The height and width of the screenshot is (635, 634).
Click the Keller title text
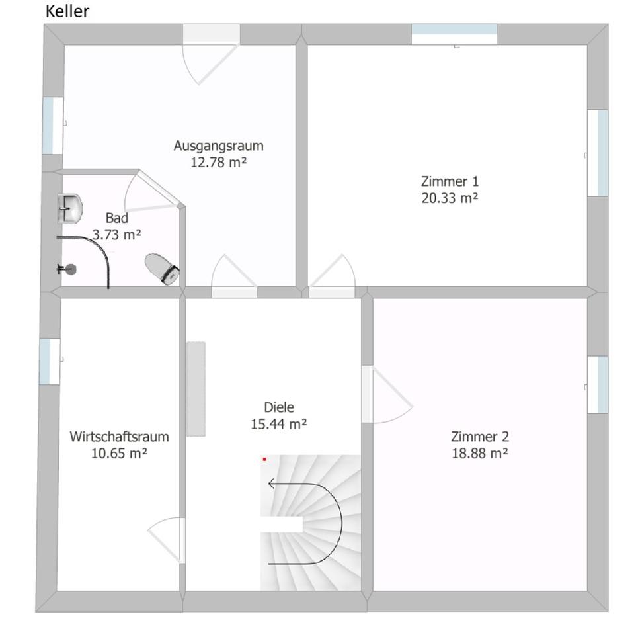(x=67, y=11)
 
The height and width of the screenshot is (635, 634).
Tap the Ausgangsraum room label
(x=219, y=146)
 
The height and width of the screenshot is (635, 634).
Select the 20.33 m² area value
(x=450, y=198)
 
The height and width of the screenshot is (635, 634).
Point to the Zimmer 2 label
(x=480, y=437)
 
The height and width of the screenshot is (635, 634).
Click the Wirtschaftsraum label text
(x=119, y=437)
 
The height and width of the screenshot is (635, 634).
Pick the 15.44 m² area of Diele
(x=278, y=424)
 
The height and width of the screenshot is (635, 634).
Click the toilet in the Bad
(x=163, y=269)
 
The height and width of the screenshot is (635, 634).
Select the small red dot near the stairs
(x=264, y=460)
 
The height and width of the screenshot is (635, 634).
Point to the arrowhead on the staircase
(x=271, y=483)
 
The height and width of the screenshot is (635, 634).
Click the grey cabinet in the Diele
(x=196, y=389)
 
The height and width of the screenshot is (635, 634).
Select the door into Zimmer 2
(x=387, y=395)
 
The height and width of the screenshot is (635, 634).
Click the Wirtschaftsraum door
(x=167, y=540)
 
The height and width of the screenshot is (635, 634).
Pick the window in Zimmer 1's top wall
(x=454, y=34)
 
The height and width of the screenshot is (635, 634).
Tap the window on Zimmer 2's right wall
(x=598, y=385)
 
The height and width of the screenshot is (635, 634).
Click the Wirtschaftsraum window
(x=50, y=362)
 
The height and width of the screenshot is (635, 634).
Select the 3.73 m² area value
(x=116, y=234)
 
